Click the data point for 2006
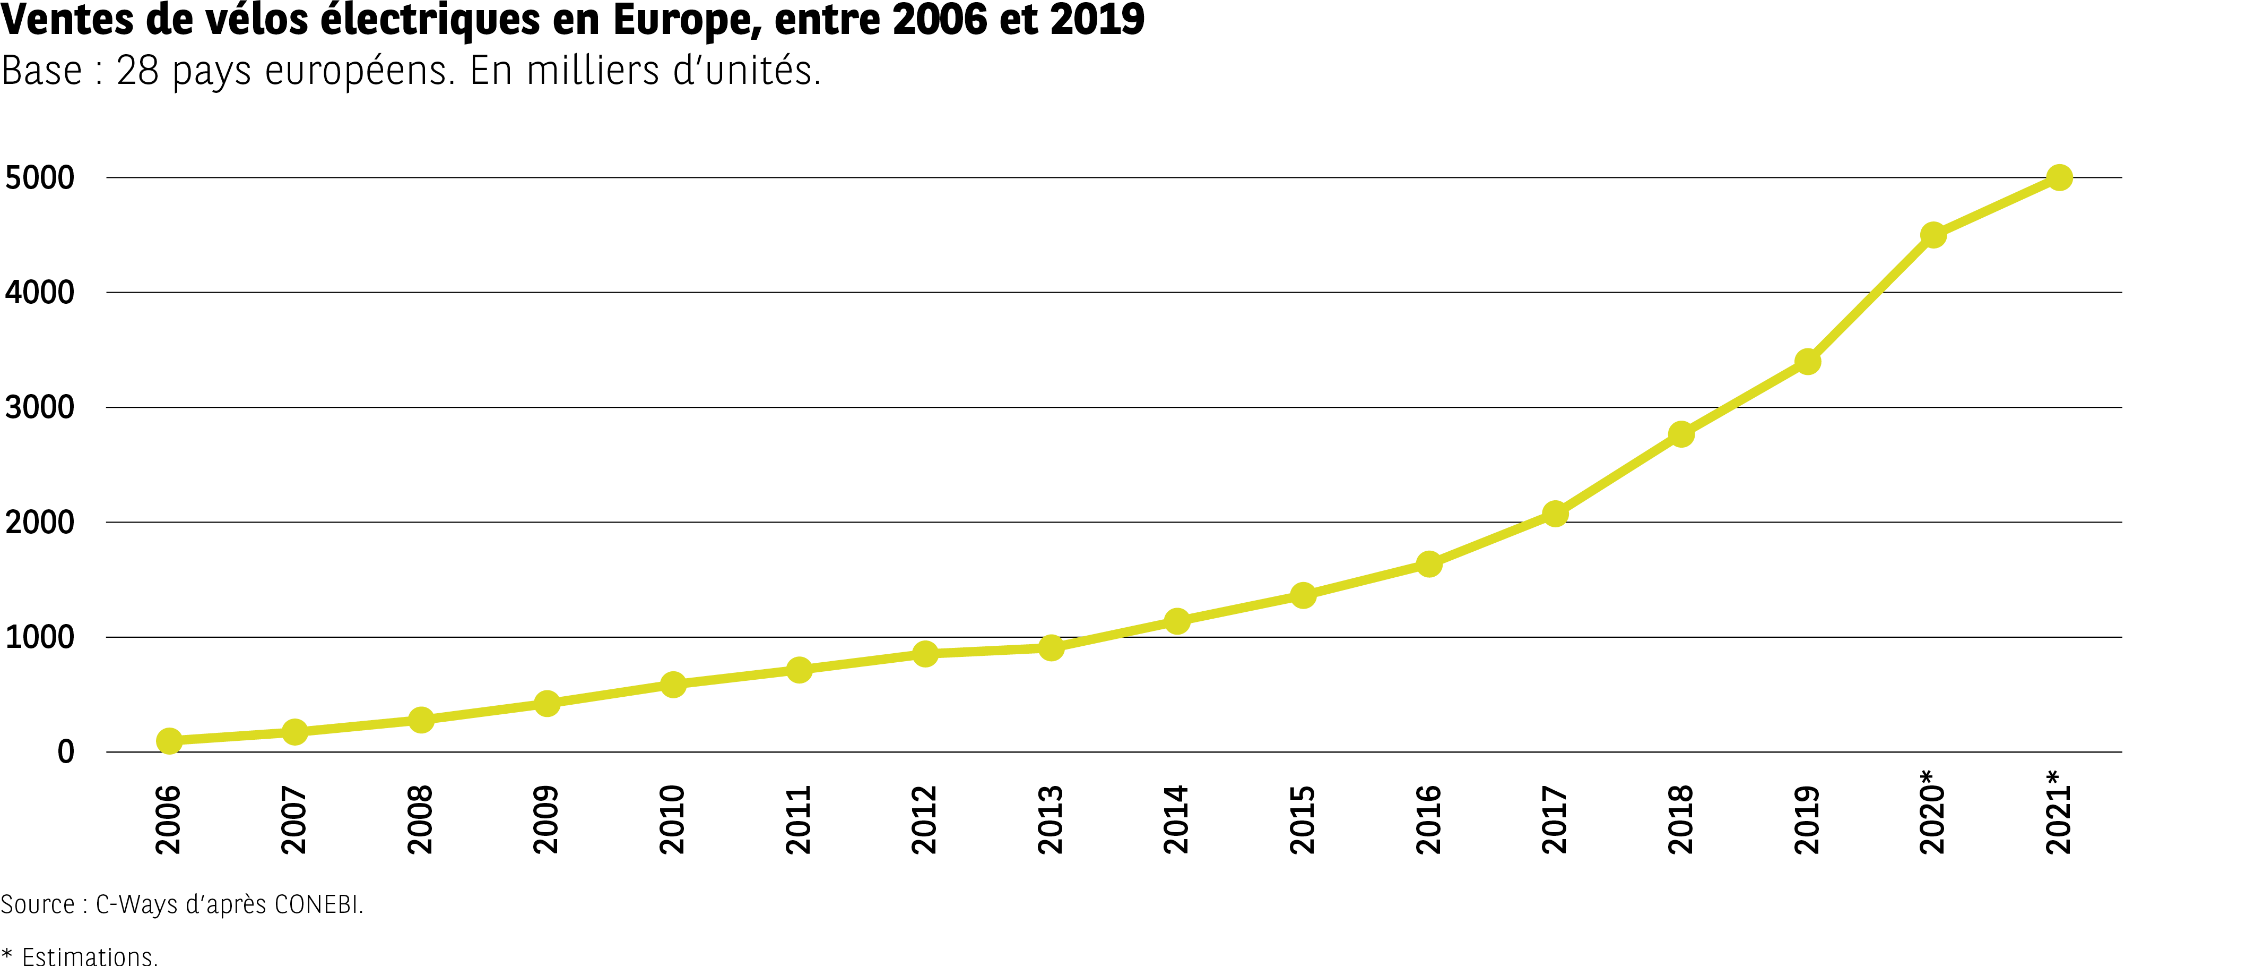[x=169, y=741]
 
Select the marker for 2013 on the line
[x=1051, y=648]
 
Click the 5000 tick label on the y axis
[x=40, y=178]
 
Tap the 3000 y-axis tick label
[x=40, y=407]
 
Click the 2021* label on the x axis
[x=2059, y=812]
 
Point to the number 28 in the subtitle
[x=137, y=71]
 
